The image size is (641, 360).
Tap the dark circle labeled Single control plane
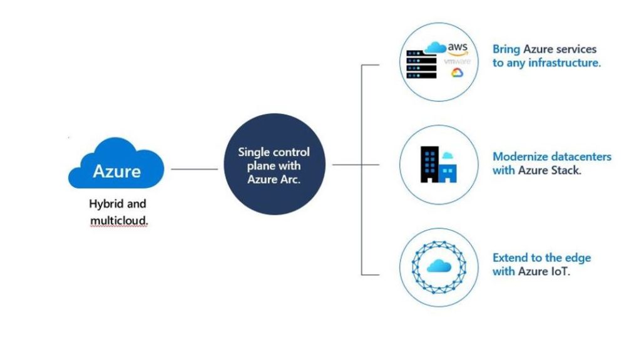tap(274, 167)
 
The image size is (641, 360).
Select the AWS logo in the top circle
tap(458, 49)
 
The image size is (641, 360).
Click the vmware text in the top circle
tap(456, 62)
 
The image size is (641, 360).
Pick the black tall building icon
tap(429, 164)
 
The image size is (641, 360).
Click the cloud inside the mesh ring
tap(439, 265)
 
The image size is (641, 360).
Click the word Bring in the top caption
tap(506, 49)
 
